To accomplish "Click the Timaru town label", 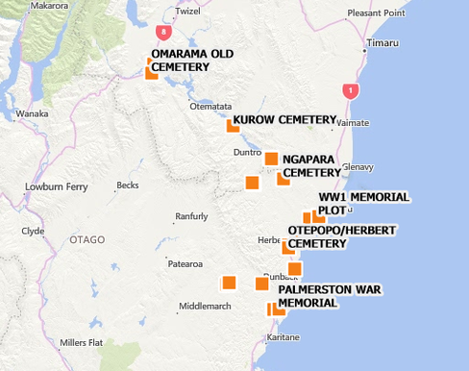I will tap(384, 43).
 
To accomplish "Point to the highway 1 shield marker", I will tap(350, 91).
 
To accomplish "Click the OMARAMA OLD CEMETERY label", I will tap(192, 60).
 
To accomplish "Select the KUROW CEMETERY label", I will tap(284, 120).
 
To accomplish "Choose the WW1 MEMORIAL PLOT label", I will tap(363, 203).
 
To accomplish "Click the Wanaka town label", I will tap(31, 113).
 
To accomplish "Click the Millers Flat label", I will tap(86, 342).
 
